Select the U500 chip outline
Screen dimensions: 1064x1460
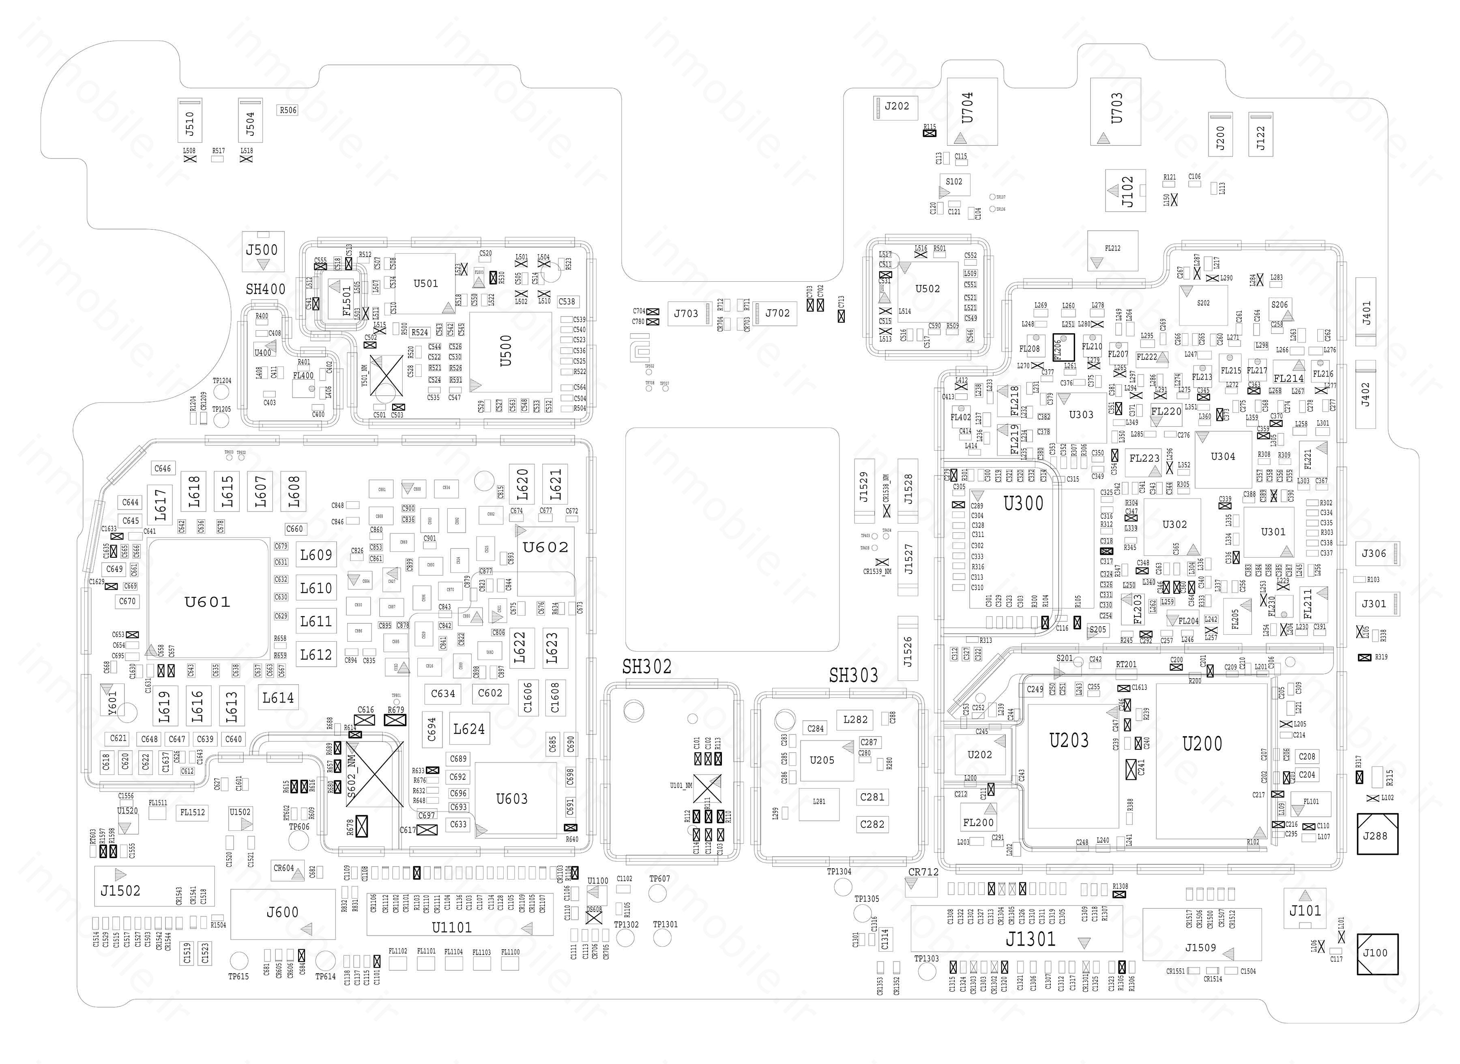(x=510, y=352)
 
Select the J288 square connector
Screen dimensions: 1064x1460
(x=1377, y=834)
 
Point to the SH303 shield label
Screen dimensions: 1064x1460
(x=853, y=675)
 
